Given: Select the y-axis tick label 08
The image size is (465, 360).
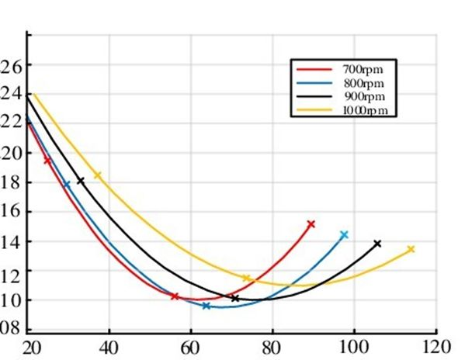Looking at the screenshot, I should click(10, 328).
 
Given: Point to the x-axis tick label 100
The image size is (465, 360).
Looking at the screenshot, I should click(354, 346).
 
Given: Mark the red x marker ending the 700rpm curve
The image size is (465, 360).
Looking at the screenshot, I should click(311, 224).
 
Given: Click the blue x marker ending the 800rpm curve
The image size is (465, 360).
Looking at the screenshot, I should click(344, 234).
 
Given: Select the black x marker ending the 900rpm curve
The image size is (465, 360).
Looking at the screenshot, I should click(377, 244).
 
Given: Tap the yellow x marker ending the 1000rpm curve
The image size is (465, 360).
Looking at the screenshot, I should click(411, 249).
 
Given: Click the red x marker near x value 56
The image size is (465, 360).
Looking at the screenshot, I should click(175, 296).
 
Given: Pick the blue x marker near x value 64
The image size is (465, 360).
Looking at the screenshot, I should click(206, 306).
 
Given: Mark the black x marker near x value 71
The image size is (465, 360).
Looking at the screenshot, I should click(235, 298).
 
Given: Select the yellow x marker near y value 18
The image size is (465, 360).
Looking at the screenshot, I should click(98, 175).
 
